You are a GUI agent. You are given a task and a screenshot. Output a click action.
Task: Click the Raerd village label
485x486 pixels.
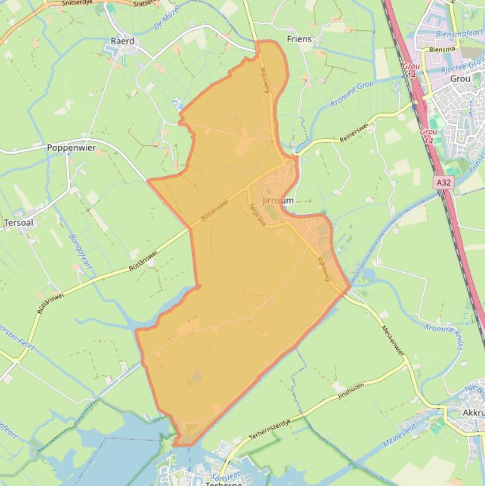coord(122,41)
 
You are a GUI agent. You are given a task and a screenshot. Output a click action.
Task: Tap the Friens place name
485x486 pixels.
coord(299,39)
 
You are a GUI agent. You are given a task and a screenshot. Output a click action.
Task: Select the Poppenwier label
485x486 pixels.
coord(71,148)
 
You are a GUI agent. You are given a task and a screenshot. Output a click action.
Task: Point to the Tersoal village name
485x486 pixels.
coord(18,223)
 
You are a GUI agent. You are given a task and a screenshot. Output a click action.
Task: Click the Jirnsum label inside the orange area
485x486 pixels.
coord(278,200)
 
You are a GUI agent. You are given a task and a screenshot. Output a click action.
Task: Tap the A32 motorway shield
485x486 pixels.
coord(443,182)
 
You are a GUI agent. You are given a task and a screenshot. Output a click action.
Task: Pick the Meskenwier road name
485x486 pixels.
coord(393,340)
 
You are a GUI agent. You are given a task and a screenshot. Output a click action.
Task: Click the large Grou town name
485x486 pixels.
coord(460,79)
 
